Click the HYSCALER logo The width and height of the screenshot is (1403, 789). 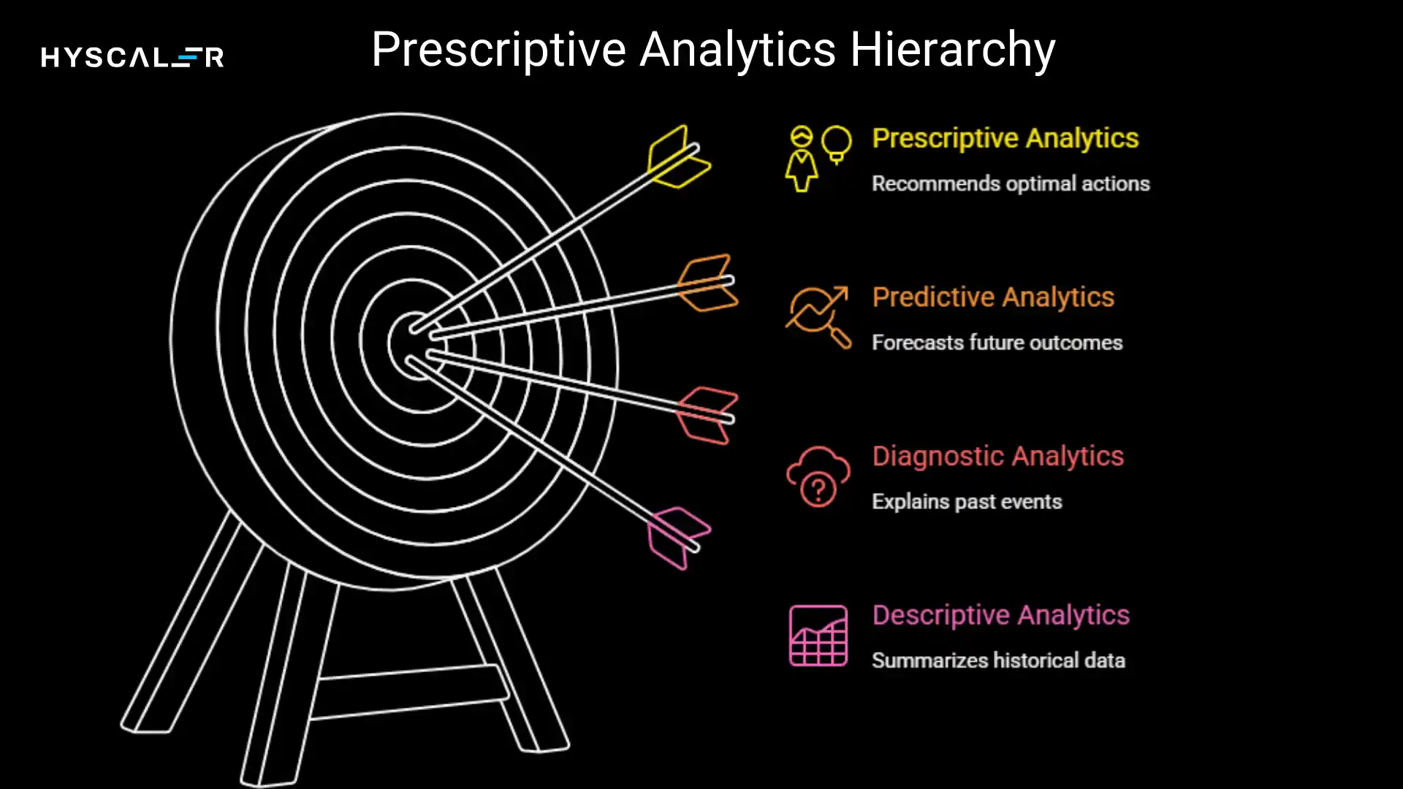coord(132,57)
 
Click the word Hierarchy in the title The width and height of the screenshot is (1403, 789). coord(952,50)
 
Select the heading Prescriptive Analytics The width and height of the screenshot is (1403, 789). coord(1005,138)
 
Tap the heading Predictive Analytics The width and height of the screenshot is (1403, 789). coord(993,297)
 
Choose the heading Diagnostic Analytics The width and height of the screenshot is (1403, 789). coord(997,457)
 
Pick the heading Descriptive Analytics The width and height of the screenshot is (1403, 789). coord(1000,615)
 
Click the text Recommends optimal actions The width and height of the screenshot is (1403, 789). coord(1010,183)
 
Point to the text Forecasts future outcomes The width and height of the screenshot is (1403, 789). coord(997,343)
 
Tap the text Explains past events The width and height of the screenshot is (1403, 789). coord(966,502)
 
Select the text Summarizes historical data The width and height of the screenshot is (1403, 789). coord(998,660)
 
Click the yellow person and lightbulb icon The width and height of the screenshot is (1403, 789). coord(818,158)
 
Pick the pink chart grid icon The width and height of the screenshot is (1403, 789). coord(818,636)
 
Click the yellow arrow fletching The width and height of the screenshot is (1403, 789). coord(678,157)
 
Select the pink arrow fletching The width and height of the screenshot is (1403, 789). coord(678,538)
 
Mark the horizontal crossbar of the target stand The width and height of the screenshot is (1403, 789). coord(409,691)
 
